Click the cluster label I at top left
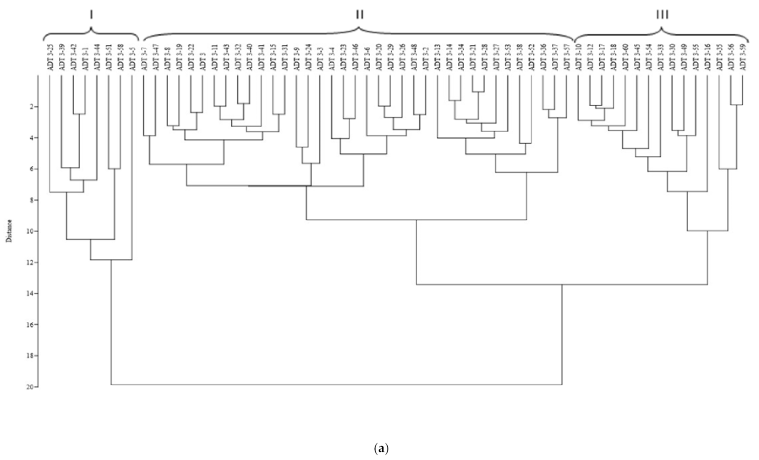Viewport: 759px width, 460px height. [91, 15]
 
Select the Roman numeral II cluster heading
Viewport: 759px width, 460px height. [359, 15]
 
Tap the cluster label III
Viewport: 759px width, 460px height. [662, 15]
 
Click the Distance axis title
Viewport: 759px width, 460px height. [9, 231]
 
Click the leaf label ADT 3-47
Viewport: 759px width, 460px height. [155, 58]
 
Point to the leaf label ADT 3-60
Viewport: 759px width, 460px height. [626, 58]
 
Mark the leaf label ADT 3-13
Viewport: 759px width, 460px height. [437, 58]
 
